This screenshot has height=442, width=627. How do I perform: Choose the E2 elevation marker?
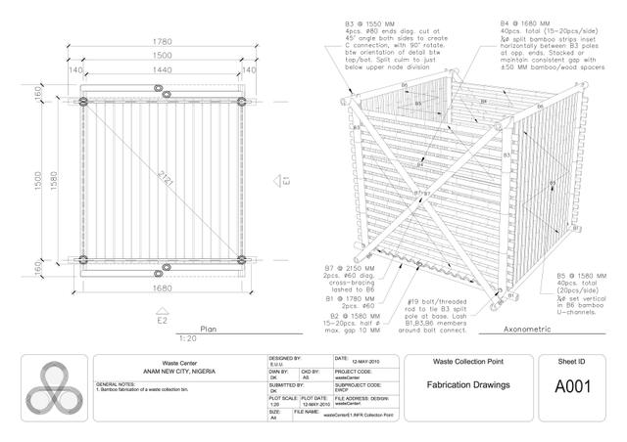click(x=163, y=319)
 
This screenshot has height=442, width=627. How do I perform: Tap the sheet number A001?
click(x=571, y=386)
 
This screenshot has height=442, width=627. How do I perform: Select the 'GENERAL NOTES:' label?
click(x=119, y=384)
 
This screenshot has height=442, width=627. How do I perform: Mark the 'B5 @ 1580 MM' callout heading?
click(x=555, y=276)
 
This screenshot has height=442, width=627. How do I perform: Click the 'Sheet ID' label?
click(x=571, y=361)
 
